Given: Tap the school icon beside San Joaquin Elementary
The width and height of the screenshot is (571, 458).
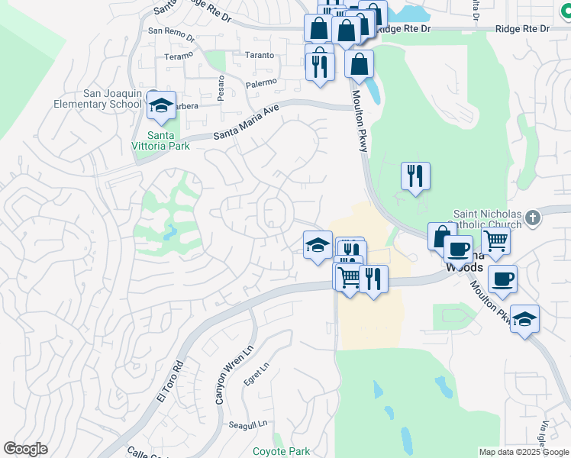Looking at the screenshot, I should [x=161, y=107].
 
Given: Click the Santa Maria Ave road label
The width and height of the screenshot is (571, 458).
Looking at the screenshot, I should [x=246, y=123].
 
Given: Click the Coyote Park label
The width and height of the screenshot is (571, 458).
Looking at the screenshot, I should [x=281, y=451].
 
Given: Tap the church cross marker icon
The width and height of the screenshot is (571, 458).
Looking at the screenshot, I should [x=533, y=218].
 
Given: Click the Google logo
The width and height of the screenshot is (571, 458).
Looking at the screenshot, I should [x=26, y=449].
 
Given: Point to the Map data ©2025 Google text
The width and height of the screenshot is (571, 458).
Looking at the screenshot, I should [x=523, y=452].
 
